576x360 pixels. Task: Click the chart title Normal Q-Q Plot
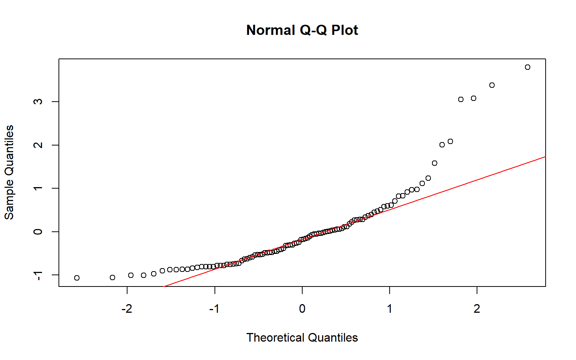(x=302, y=30)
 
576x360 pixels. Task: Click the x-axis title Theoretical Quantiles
(x=302, y=337)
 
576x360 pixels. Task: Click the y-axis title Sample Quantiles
(x=9, y=172)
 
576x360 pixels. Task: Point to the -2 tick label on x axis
(x=127, y=309)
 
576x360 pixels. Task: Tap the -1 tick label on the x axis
(x=214, y=309)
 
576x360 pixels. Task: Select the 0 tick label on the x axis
(x=302, y=309)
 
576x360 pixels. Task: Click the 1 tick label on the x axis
(x=390, y=309)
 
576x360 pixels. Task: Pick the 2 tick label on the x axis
(x=477, y=309)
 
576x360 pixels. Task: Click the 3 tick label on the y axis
(x=38, y=102)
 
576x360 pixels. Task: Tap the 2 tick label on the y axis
(x=38, y=145)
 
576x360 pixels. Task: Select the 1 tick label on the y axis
(x=38, y=188)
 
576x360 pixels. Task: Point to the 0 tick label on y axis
(x=38, y=232)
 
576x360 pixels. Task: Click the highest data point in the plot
(x=528, y=67)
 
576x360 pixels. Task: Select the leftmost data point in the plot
(x=77, y=278)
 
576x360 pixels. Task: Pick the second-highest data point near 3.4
(x=492, y=85)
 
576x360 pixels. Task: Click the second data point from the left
(x=112, y=277)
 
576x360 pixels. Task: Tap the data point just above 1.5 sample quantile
(x=435, y=163)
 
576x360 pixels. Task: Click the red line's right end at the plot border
(x=545, y=157)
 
